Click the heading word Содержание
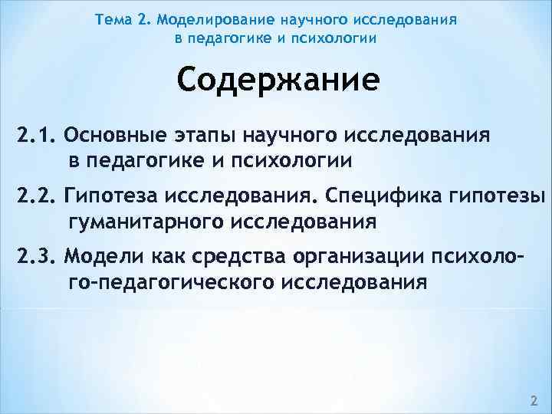click(x=278, y=80)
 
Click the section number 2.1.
click(x=32, y=137)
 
